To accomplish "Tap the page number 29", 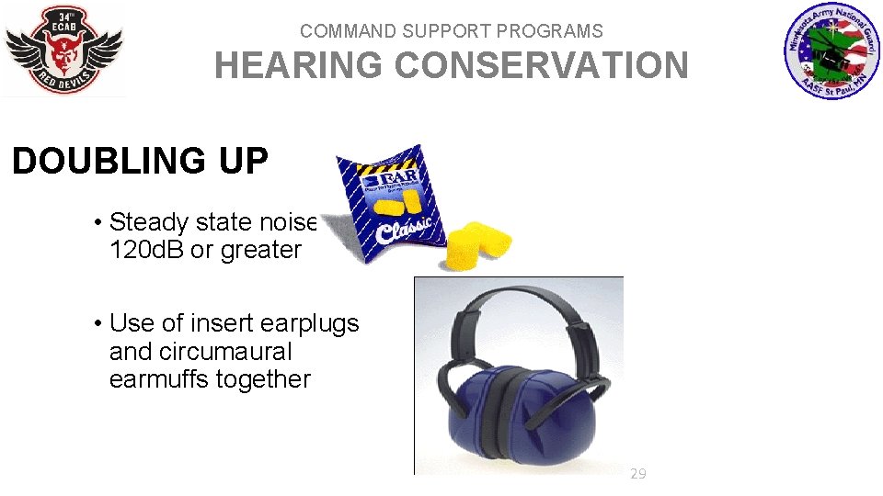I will click(x=637, y=474).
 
